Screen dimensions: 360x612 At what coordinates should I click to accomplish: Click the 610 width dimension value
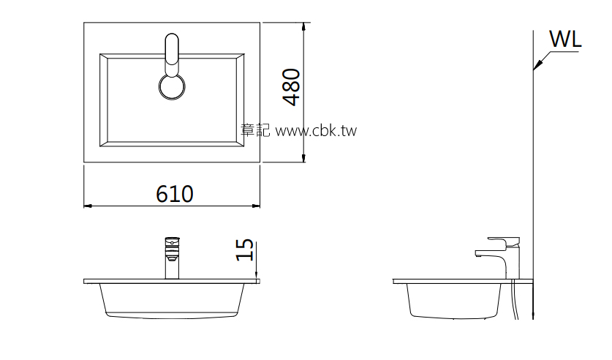174,194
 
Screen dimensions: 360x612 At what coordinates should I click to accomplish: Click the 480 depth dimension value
291,87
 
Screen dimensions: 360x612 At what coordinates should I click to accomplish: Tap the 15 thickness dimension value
246,250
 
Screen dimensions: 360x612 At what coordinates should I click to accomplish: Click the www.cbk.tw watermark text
315,131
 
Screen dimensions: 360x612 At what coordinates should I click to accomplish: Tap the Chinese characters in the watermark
255,131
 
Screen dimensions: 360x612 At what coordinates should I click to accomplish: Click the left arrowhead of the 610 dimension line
88,206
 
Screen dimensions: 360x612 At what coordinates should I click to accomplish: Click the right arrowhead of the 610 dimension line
257,206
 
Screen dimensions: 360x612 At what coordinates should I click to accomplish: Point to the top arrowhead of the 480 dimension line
304,26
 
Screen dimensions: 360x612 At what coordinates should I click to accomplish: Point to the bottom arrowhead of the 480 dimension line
304,159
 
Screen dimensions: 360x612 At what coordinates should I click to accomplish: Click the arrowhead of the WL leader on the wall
535,68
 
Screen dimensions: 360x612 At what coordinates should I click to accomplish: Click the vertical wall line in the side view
534,183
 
